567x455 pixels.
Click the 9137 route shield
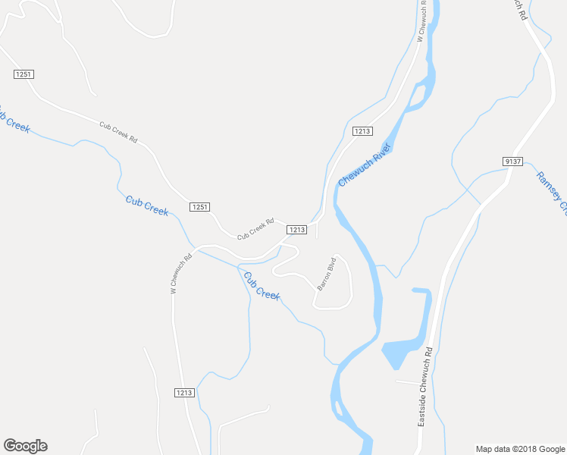(x=512, y=162)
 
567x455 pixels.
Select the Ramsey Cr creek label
(x=551, y=191)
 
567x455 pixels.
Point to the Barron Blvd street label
(x=326, y=274)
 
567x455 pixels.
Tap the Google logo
(x=25, y=446)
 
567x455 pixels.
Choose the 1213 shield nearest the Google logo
(x=184, y=392)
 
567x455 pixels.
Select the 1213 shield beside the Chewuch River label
(x=362, y=131)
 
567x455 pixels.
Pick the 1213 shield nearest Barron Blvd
(x=296, y=229)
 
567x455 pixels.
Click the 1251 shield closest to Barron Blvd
(x=199, y=207)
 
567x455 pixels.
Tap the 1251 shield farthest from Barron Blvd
(x=23, y=74)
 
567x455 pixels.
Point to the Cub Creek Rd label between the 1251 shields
(x=118, y=132)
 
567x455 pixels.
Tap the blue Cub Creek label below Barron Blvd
(x=262, y=285)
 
